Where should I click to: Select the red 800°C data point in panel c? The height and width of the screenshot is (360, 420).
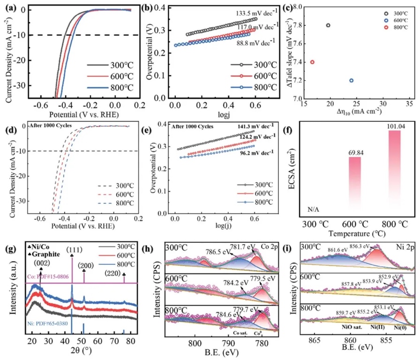coord(312,62)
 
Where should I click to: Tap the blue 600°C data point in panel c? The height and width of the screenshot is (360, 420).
coord(351,80)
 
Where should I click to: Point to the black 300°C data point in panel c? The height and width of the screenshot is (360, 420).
coord(328,25)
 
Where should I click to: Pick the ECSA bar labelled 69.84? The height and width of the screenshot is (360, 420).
coord(355,185)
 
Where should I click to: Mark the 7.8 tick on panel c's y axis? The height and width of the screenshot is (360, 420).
coord(283,25)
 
